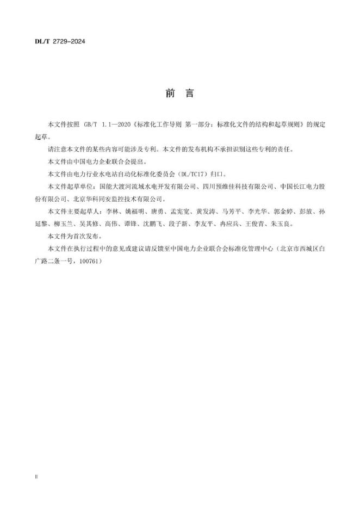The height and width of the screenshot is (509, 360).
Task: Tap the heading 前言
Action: pos(179,94)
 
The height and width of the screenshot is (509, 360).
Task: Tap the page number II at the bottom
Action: pos(36,476)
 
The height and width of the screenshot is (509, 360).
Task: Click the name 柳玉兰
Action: pos(65,224)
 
